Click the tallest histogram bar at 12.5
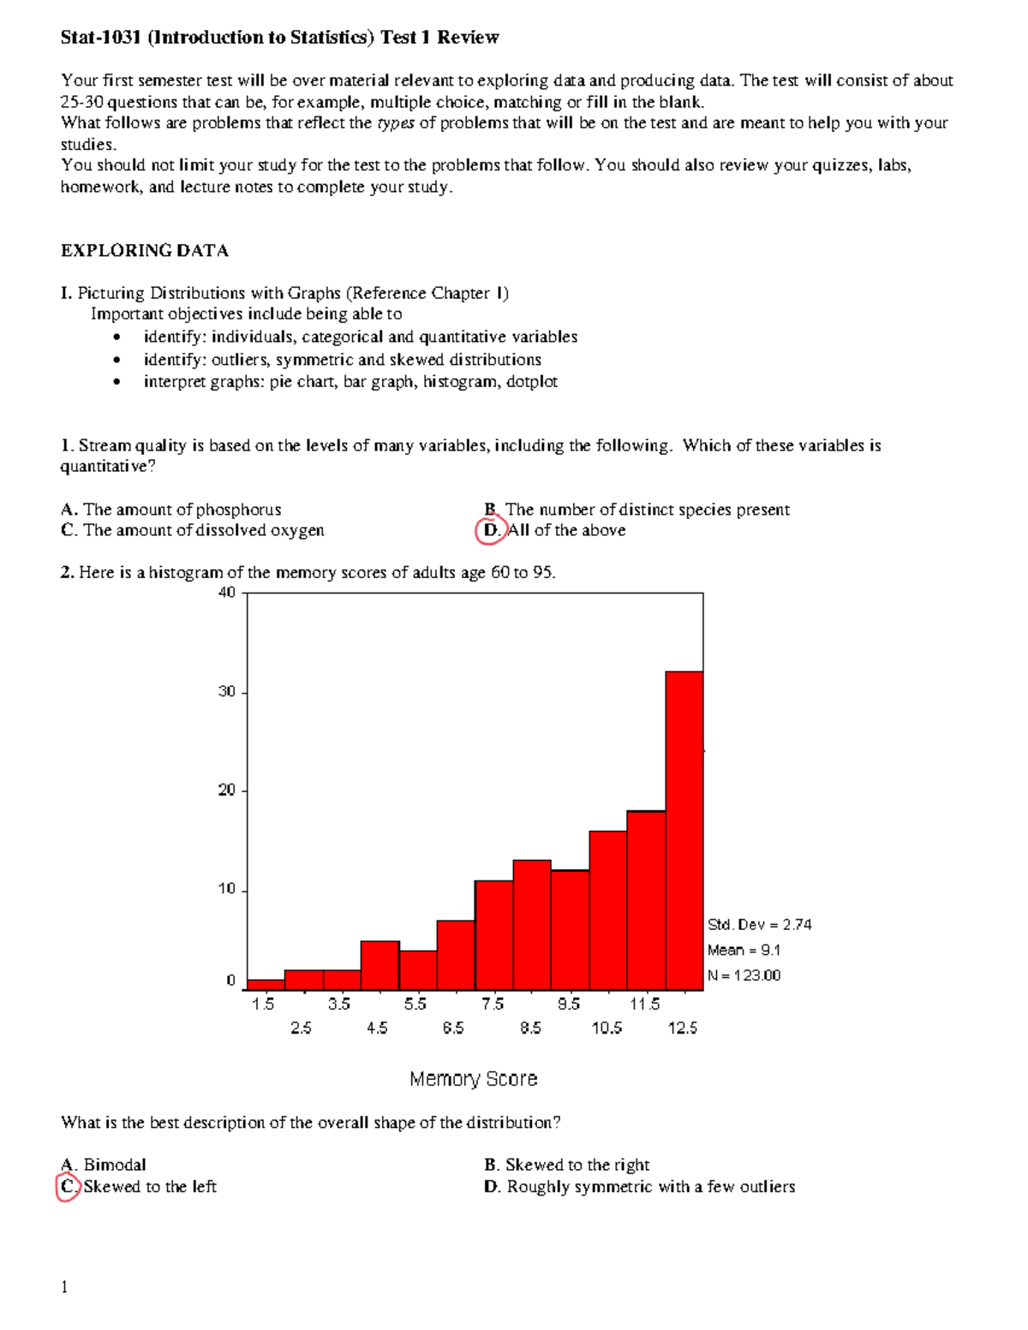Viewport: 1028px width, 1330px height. pos(684,831)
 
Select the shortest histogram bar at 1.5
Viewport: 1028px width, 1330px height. pos(266,985)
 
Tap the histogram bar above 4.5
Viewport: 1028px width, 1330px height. pos(380,965)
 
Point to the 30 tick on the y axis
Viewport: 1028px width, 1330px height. pos(227,692)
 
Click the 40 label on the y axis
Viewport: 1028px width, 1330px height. pos(227,593)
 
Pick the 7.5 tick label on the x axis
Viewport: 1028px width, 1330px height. pos(493,1004)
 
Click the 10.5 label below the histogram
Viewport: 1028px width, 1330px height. pos(607,1028)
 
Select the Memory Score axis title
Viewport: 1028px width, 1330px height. pos(473,1079)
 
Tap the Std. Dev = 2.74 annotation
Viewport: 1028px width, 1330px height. pos(759,925)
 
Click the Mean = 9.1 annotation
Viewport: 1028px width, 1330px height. pos(744,950)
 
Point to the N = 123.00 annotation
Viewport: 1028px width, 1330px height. pos(744,975)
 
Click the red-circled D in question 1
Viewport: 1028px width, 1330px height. pos(491,531)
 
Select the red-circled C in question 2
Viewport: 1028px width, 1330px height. pos(68,1187)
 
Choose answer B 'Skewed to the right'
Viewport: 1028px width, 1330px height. pos(567,1165)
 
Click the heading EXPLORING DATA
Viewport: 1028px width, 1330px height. pos(144,251)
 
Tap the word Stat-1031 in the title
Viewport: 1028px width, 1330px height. pos(100,38)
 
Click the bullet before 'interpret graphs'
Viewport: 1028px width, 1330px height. pos(117,382)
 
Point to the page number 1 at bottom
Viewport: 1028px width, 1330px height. pos(64,1287)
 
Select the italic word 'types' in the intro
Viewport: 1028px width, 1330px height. pos(396,123)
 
